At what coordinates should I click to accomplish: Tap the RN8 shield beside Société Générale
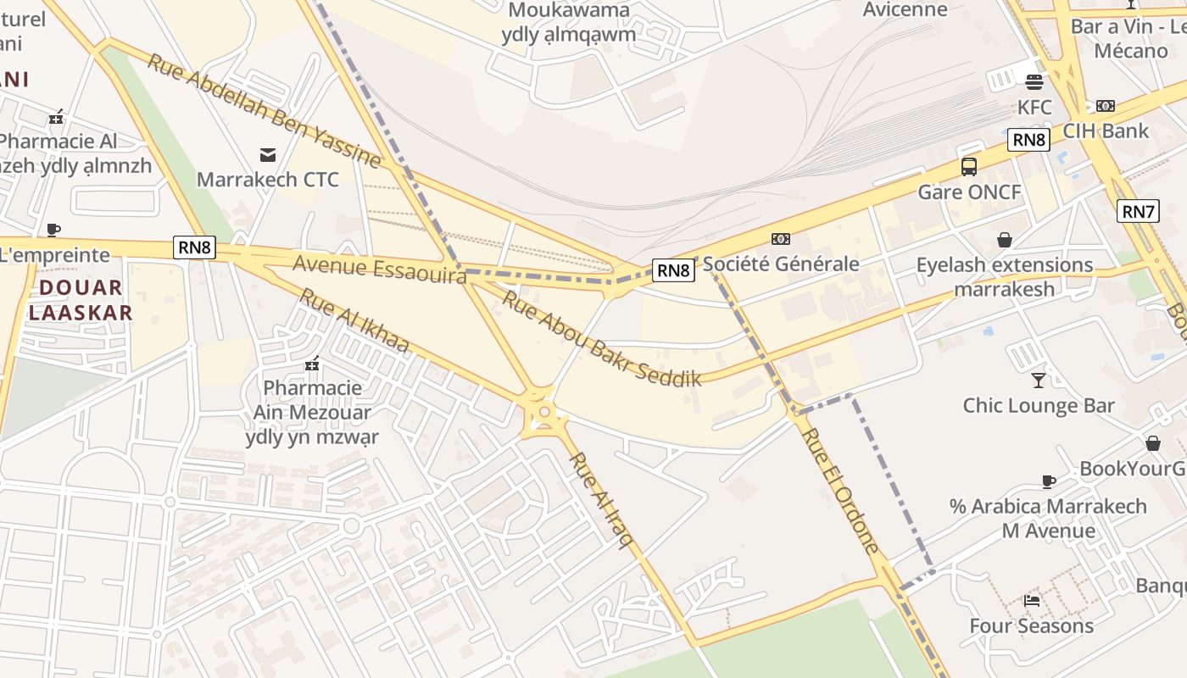tap(673, 270)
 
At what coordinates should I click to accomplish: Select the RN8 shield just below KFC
tap(1028, 140)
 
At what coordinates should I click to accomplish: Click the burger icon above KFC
tap(1034, 82)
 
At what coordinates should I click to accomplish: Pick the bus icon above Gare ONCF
tap(969, 167)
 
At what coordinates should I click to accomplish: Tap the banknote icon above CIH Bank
tap(1105, 106)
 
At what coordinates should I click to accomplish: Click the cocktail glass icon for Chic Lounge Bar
tap(1038, 381)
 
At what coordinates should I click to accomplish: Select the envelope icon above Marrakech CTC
tap(267, 154)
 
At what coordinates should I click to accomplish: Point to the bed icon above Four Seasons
tap(1031, 601)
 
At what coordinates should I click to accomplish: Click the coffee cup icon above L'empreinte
tap(53, 230)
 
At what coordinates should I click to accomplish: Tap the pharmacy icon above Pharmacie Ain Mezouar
tap(312, 364)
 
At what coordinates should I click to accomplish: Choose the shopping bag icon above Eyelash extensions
tap(1005, 240)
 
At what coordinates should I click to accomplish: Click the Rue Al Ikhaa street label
tap(354, 321)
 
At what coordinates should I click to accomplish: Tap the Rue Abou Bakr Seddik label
tap(601, 338)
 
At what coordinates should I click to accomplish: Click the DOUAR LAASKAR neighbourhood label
tap(81, 300)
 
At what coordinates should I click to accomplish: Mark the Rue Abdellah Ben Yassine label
tap(264, 110)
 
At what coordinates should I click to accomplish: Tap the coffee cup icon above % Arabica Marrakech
tap(1048, 481)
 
